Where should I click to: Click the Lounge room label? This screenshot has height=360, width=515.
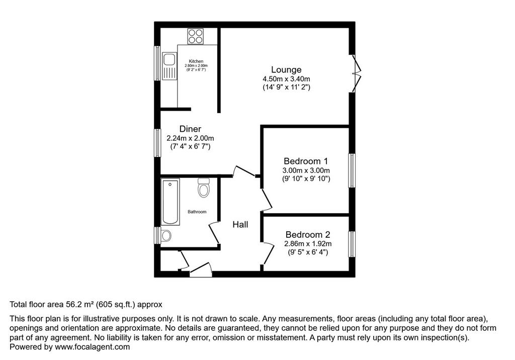[x=286, y=69]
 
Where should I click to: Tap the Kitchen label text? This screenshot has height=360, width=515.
[x=196, y=61]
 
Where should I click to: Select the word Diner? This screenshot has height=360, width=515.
[x=190, y=129]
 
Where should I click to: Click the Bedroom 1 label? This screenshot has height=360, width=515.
[x=306, y=161]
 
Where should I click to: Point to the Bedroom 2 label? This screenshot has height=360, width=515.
[x=308, y=234]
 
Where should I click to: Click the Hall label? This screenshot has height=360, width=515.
[x=240, y=225]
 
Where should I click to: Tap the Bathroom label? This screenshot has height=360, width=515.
[x=197, y=212]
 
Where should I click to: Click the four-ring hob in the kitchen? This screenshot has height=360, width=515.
[x=196, y=37]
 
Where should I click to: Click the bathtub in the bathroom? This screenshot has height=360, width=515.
[x=170, y=202]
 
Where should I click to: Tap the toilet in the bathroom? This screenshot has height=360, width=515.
[x=204, y=187]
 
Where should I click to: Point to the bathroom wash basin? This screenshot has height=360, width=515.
[x=166, y=235]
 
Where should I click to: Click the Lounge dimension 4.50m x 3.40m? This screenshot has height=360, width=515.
[x=286, y=79]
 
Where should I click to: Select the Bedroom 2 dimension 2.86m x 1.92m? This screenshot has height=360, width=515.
[x=308, y=244]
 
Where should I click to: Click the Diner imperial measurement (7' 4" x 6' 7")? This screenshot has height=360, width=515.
[x=190, y=146]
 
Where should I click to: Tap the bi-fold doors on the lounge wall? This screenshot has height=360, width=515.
[x=356, y=73]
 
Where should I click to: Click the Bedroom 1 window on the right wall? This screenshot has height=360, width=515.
[x=352, y=170]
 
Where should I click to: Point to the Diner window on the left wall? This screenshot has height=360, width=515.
[x=157, y=143]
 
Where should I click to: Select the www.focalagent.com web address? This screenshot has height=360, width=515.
[x=93, y=347]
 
